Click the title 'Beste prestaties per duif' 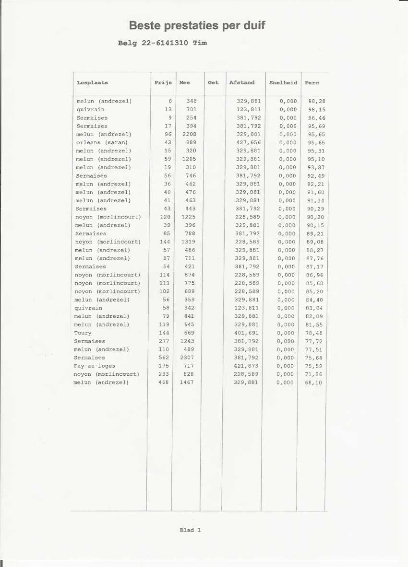[x=197, y=25]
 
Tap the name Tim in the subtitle [x=200, y=43]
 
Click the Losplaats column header [x=92, y=82]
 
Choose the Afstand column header [x=242, y=82]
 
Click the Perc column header [x=312, y=82]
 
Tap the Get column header [x=213, y=82]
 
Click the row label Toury [x=83, y=333]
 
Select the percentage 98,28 [x=317, y=101]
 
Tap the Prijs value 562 [x=165, y=358]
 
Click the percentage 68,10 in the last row [x=314, y=382]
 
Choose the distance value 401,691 [x=246, y=333]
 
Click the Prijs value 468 [x=164, y=382]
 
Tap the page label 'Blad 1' [x=190, y=530]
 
